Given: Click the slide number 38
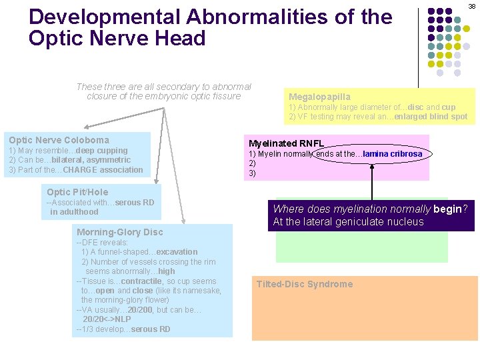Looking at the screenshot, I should click(x=471, y=6).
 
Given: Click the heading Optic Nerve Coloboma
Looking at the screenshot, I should click(x=59, y=140).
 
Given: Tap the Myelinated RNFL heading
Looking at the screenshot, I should click(x=286, y=143).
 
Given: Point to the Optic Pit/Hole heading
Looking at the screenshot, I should click(x=77, y=192).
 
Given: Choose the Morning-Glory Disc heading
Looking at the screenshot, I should click(x=119, y=232).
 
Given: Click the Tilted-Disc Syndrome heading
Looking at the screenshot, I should click(x=305, y=284).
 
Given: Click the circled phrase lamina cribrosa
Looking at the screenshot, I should click(x=393, y=154).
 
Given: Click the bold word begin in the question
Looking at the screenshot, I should click(x=447, y=209).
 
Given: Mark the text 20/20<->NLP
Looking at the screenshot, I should click(x=110, y=319).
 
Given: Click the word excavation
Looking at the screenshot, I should click(x=177, y=252).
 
